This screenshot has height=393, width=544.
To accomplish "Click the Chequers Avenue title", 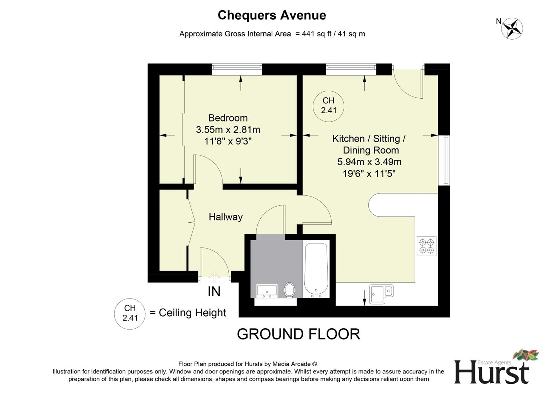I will coord(272,15).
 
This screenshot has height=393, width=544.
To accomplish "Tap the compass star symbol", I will coord(512,28).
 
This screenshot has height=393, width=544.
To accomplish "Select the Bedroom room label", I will coord(228,118).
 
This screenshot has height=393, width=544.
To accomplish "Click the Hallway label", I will coord(225,217).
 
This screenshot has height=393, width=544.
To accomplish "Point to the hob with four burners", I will coord(427,246).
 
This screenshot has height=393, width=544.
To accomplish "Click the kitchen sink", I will coord(381,294).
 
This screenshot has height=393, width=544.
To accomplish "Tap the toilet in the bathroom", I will coord(290,290).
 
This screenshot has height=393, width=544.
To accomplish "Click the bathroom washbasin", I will coord(267,291).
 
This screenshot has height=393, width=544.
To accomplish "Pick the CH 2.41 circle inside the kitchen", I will coord(328,106).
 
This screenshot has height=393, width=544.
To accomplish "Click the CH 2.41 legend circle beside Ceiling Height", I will coord(130,313).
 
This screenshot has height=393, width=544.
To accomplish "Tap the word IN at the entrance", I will coord(214,291).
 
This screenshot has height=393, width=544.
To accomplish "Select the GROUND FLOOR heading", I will coord(298,334).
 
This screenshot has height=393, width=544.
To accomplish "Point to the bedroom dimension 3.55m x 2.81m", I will coord(228,130).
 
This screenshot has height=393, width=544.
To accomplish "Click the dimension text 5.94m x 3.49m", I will coord(369,162).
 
